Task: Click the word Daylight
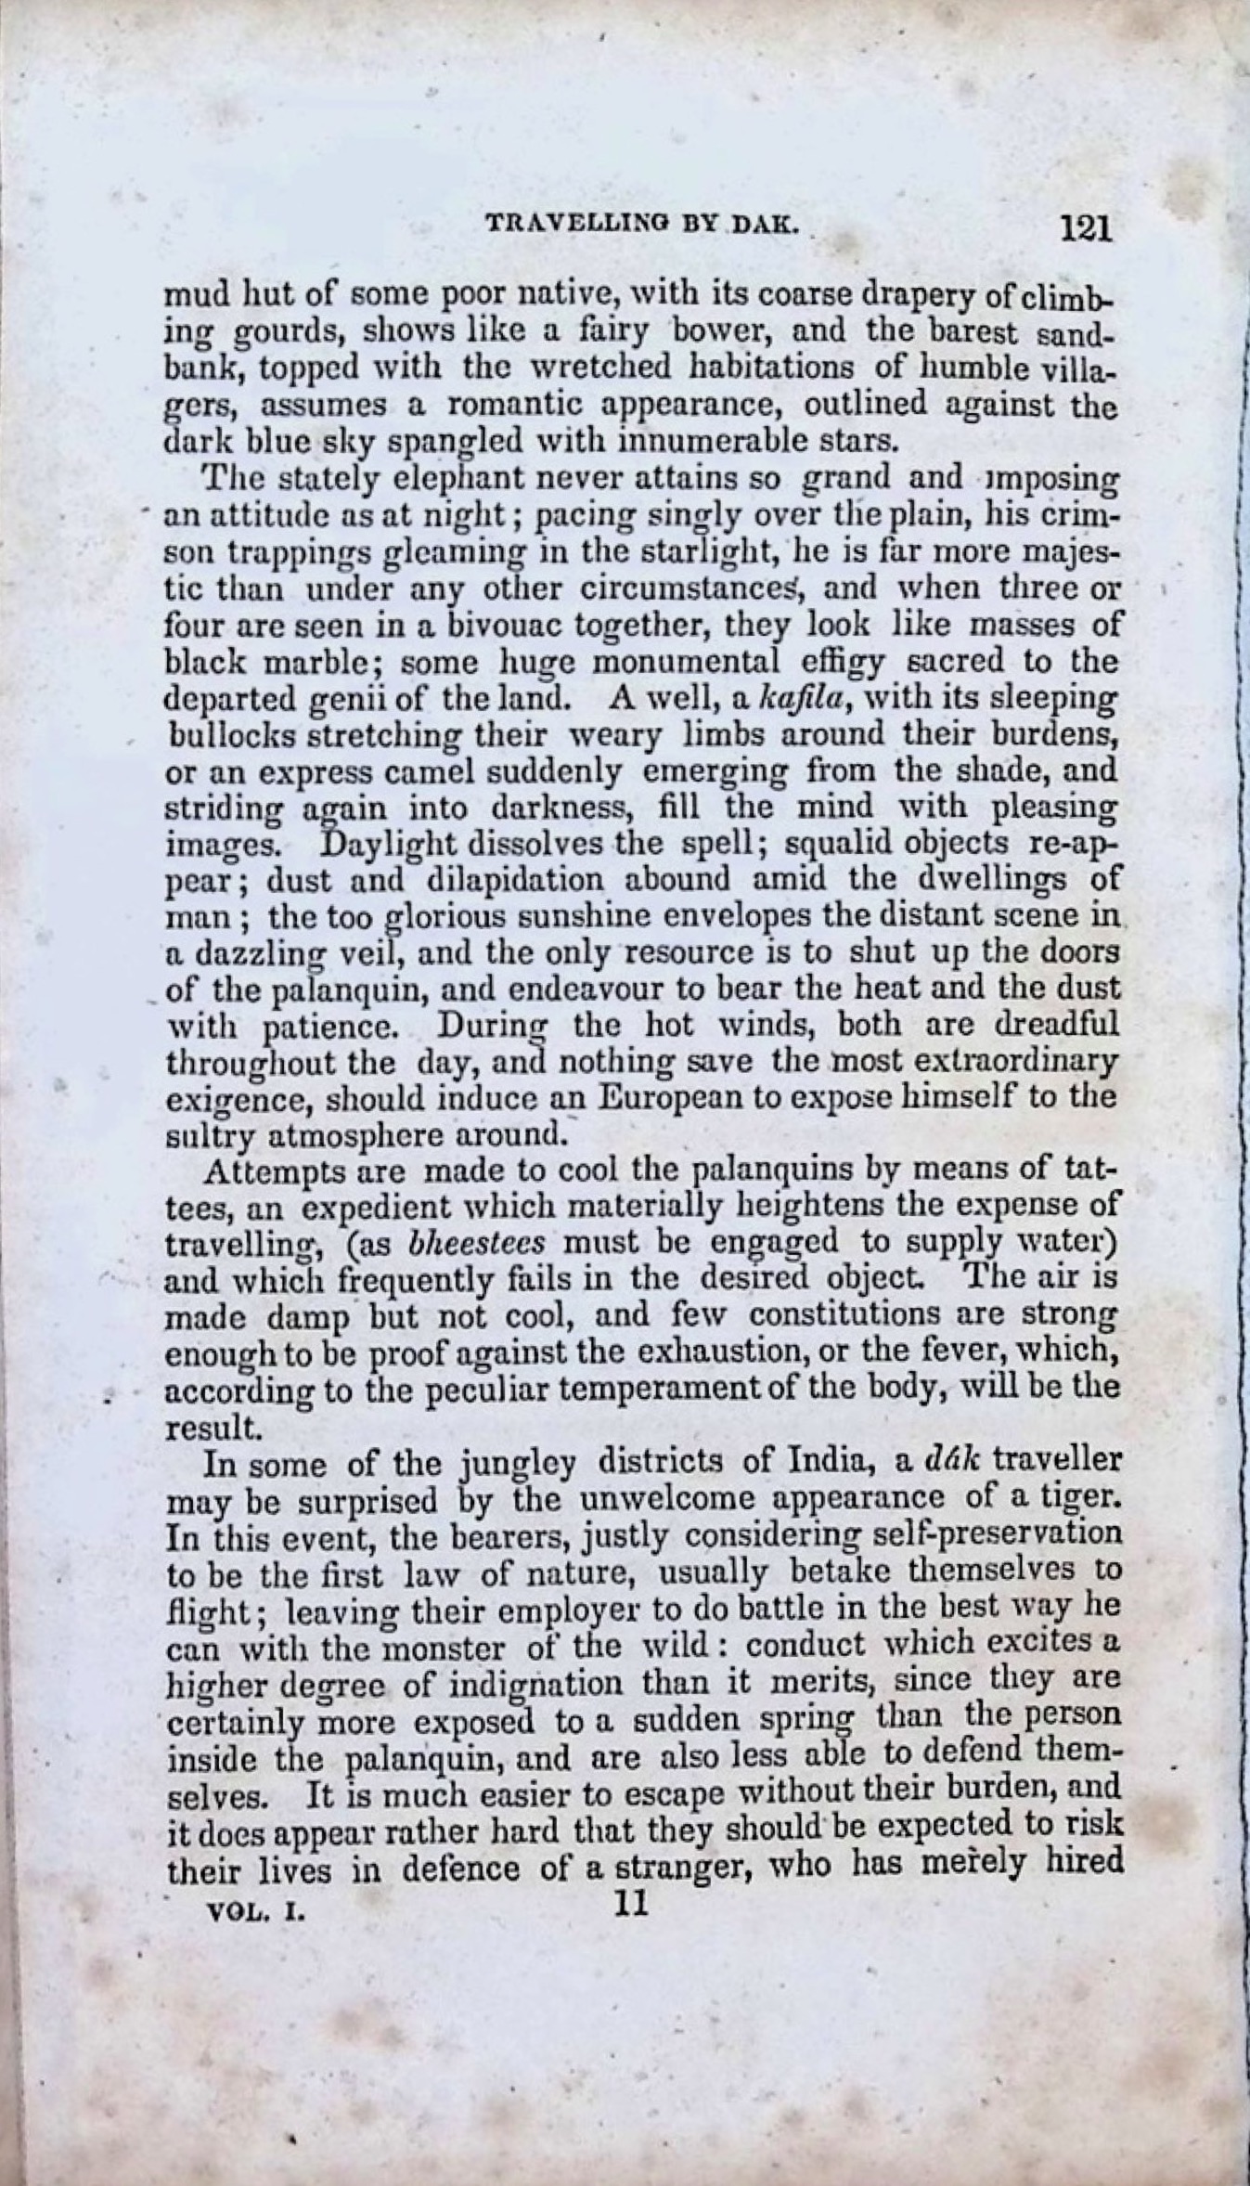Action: click(390, 844)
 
